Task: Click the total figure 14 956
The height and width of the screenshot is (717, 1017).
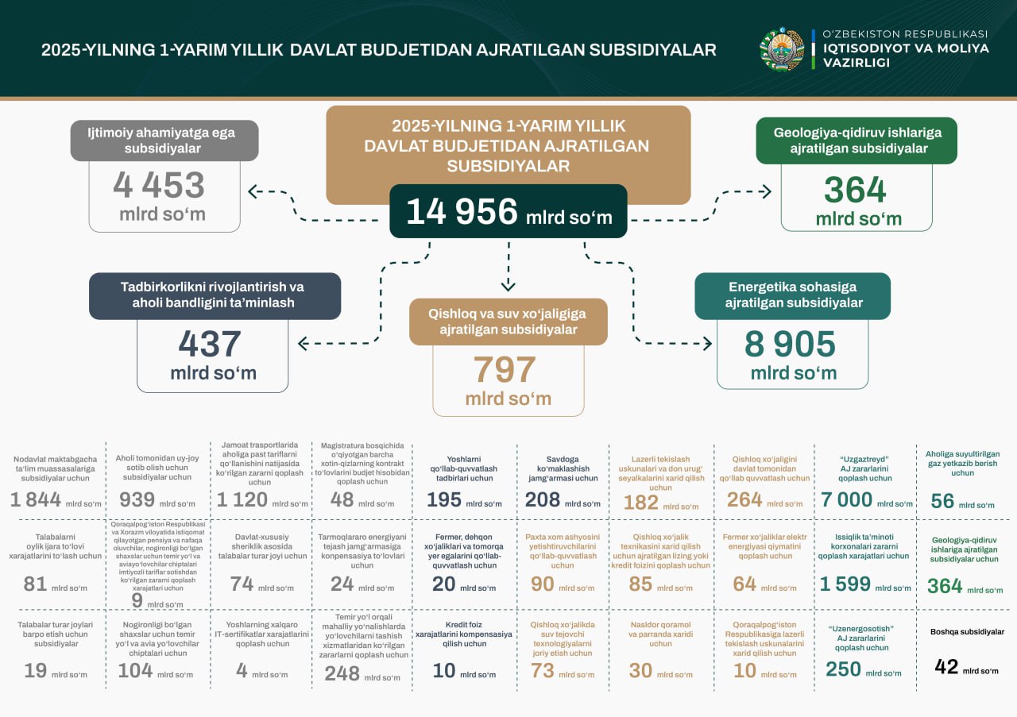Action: (x=462, y=213)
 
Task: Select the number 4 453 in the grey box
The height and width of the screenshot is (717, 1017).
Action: (x=159, y=186)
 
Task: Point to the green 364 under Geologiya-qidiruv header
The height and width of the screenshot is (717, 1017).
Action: (x=855, y=191)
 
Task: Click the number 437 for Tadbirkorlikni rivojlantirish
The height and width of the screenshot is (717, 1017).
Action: (x=210, y=345)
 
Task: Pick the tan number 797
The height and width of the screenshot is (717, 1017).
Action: (x=505, y=370)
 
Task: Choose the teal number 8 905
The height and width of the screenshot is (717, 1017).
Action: (x=790, y=345)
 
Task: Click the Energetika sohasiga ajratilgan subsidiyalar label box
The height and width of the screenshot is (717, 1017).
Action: (x=792, y=295)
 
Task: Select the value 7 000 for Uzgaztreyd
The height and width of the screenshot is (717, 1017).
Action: (x=847, y=500)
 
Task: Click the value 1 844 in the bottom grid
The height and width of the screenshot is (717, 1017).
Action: (x=35, y=500)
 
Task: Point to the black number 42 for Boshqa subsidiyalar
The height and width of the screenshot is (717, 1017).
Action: (x=946, y=667)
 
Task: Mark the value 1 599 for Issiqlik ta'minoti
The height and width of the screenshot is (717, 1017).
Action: (x=845, y=584)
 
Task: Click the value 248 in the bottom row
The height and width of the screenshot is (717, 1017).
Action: (x=342, y=673)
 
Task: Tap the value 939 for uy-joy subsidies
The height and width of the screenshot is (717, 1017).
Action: (x=136, y=500)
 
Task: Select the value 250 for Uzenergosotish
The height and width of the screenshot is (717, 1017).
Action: (x=843, y=669)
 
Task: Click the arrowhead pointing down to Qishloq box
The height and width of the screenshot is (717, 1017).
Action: (x=508, y=285)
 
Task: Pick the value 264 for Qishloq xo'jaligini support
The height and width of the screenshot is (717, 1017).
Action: (x=744, y=500)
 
